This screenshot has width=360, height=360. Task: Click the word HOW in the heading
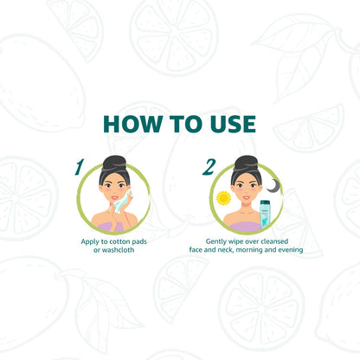pyautogui.click(x=132, y=124)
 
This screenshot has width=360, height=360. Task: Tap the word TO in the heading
pyautogui.click(x=185, y=124)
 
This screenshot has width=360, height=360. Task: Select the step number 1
pyautogui.click(x=79, y=167)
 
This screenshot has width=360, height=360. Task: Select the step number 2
pyautogui.click(x=209, y=167)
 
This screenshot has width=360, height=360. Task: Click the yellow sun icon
pyautogui.click(x=223, y=198)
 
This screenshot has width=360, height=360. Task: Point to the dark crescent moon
pyautogui.click(x=273, y=186)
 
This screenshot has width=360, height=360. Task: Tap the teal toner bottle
pyautogui.click(x=264, y=215)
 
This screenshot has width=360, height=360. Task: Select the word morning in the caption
pyautogui.click(x=249, y=250)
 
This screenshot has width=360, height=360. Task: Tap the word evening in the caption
pyautogui.click(x=290, y=250)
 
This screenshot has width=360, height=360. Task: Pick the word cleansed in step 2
pyautogui.click(x=274, y=241)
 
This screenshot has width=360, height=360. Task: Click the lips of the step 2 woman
pyautogui.click(x=246, y=197)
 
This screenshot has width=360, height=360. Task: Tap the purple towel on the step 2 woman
pyautogui.click(x=244, y=227)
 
